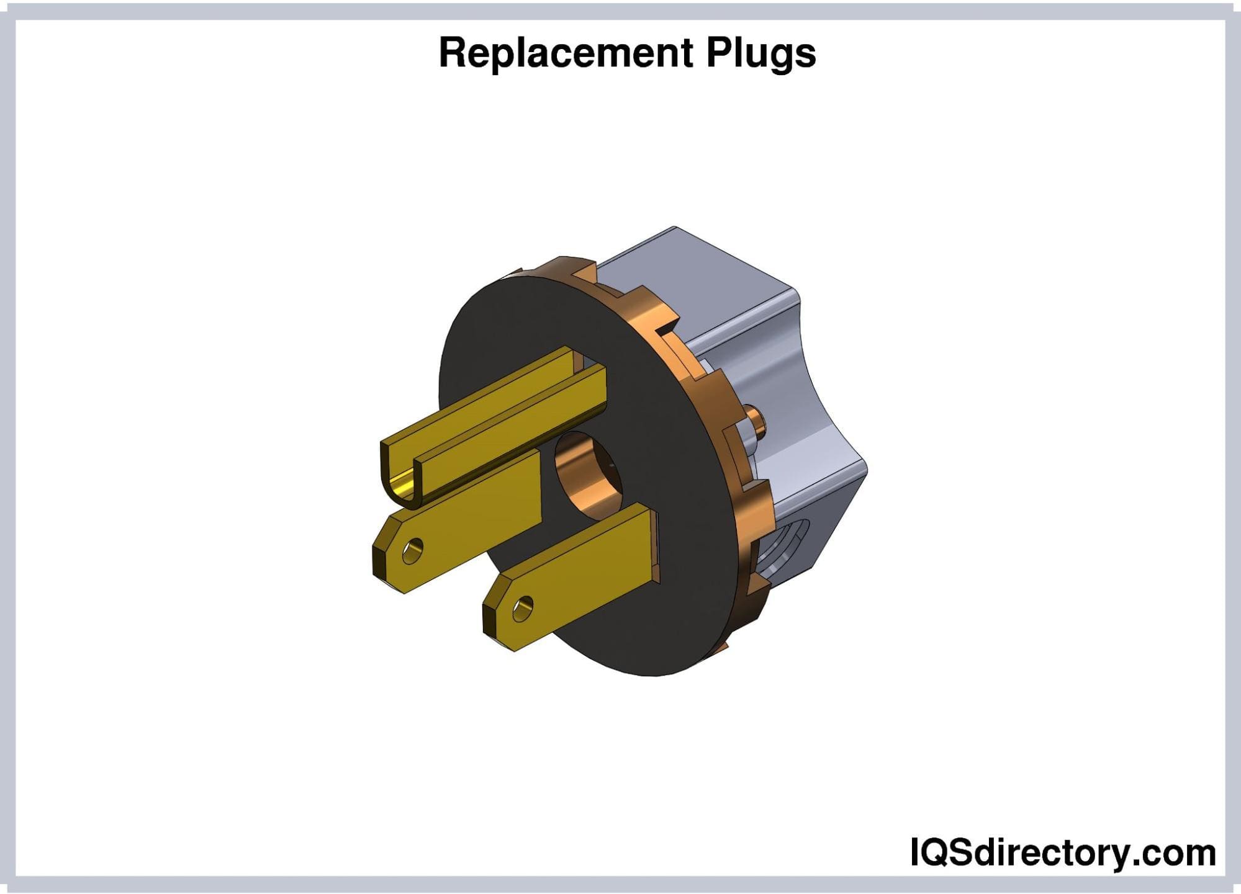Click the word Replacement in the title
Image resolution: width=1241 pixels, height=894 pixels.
(x=565, y=53)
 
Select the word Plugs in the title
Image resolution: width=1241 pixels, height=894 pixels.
(x=761, y=55)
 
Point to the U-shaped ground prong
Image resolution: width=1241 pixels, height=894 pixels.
(x=490, y=422)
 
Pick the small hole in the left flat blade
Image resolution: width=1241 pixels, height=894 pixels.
(x=412, y=550)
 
